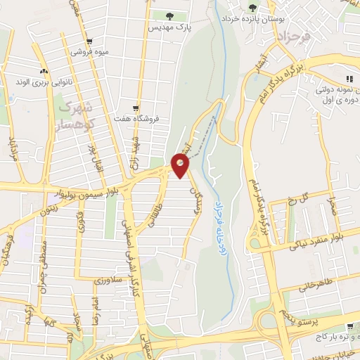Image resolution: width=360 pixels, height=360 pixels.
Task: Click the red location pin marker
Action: [181, 165]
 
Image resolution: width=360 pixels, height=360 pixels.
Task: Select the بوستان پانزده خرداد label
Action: [252, 19]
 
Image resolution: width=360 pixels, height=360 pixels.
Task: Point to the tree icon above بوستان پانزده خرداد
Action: [252, 8]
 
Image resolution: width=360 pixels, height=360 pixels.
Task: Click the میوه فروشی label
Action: [88, 52]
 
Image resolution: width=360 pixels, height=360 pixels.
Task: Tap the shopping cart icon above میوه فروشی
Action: [88, 41]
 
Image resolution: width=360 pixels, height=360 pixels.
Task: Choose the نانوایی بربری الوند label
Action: [44, 82]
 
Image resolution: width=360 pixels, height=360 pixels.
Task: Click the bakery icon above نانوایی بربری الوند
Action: [44, 71]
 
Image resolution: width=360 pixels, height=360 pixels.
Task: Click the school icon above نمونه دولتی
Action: [348, 79]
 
